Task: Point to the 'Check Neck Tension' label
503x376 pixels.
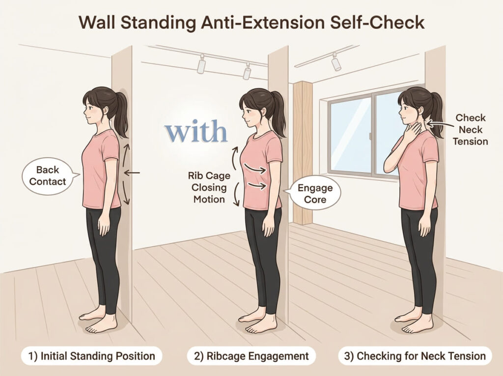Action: [470, 129]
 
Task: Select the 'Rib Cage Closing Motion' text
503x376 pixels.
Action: [209, 188]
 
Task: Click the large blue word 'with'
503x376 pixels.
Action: [196, 131]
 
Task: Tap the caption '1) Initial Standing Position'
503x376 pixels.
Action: [92, 356]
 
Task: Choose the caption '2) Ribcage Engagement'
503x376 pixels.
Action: [251, 356]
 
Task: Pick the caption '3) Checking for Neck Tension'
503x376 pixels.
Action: [415, 356]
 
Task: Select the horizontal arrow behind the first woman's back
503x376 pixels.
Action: [132, 173]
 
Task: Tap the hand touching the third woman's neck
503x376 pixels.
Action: [411, 132]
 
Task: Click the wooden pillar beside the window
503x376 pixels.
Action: [302, 152]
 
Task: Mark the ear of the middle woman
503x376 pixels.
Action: [264, 112]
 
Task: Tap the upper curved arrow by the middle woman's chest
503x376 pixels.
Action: [235, 158]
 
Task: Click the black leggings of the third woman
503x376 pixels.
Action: [419, 257]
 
